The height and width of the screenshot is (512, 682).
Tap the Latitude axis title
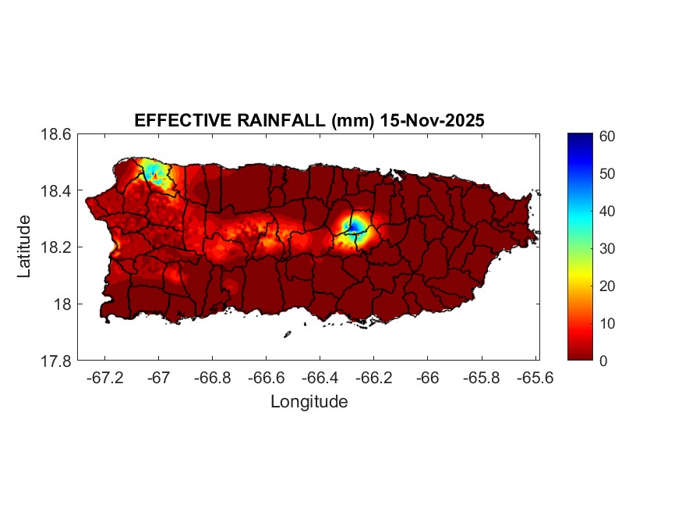pos(24,247)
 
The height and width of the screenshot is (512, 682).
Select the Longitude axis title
pos(309,402)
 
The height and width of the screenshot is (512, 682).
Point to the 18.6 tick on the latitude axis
pos(56,134)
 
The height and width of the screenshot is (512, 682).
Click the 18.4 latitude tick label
pos(56,191)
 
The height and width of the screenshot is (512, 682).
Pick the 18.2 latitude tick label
pos(56,247)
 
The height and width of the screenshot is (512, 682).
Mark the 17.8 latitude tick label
pos(56,361)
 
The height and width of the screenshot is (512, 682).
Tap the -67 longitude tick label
pos(159,378)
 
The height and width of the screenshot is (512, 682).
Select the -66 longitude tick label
pos(427,378)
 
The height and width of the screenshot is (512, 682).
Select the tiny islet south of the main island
pos(287,334)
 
